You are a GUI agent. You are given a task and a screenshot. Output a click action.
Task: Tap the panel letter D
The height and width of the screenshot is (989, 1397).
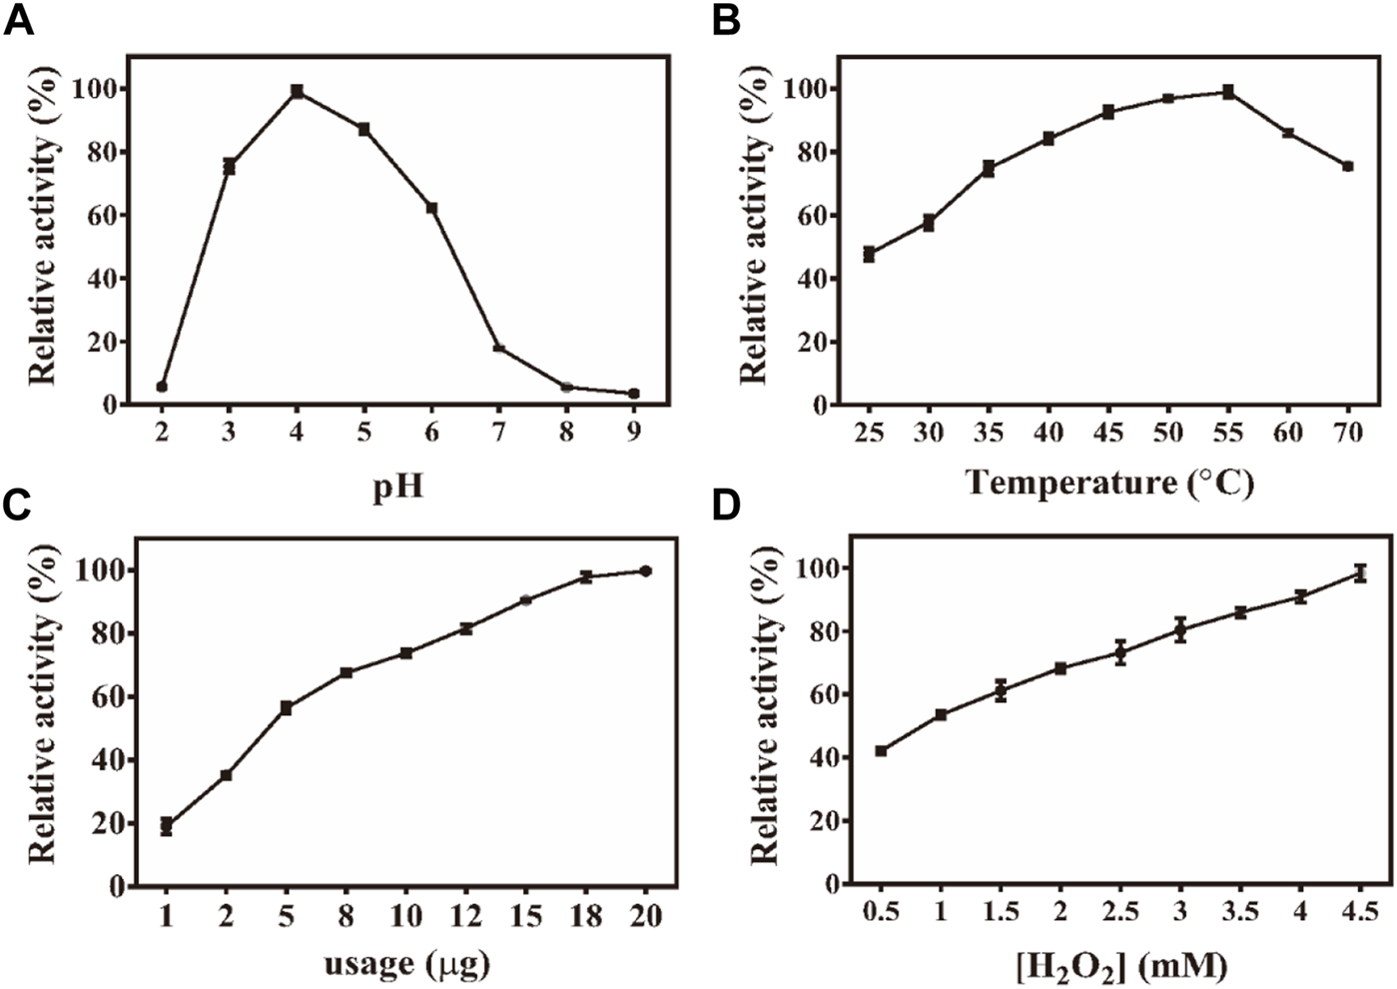(726, 505)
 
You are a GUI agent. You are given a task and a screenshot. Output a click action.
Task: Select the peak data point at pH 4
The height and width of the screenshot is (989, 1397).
(298, 91)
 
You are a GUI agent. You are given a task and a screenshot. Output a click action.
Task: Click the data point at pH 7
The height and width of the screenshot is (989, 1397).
(499, 348)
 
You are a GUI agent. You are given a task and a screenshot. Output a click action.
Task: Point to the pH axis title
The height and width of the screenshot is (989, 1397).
(397, 489)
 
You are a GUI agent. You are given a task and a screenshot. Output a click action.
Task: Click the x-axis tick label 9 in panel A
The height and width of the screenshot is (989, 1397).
(633, 432)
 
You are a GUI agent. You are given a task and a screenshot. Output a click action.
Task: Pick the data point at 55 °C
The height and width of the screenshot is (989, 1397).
(1228, 92)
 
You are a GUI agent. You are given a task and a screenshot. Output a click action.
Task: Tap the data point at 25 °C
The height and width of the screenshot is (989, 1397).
(869, 255)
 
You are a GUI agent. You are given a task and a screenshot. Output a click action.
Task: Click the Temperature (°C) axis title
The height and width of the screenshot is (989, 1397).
(1108, 483)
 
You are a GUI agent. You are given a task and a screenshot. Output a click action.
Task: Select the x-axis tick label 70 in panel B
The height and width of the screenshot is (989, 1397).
(1347, 432)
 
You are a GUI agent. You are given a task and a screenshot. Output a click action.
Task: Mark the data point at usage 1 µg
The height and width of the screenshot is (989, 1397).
(167, 826)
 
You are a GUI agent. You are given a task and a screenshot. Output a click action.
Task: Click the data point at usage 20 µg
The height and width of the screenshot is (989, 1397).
(645, 570)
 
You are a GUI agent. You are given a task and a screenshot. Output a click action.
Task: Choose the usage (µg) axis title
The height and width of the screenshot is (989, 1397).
(406, 964)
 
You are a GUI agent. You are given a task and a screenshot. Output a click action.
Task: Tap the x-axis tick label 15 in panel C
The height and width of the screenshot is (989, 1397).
(525, 914)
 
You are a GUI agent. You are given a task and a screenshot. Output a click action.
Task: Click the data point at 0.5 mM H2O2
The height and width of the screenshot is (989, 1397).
(881, 750)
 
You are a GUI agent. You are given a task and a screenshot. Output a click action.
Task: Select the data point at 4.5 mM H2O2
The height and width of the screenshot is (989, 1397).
(1360, 573)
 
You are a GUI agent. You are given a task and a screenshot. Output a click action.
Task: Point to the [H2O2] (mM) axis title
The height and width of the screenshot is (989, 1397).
(1120, 966)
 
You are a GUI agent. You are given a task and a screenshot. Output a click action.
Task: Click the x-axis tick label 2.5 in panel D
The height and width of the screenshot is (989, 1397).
(1120, 911)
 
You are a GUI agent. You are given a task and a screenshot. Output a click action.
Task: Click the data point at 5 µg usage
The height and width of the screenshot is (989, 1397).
(287, 707)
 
